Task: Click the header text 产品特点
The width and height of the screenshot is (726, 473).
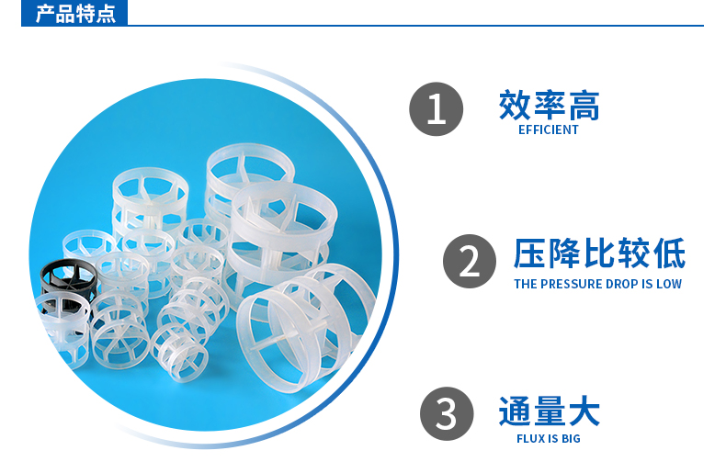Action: (x=75, y=14)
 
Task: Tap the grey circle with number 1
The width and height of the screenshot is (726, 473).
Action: (x=436, y=109)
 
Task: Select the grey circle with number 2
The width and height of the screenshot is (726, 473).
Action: (x=469, y=262)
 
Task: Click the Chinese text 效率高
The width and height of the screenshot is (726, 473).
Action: (x=549, y=106)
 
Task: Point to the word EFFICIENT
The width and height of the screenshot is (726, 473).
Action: (x=549, y=130)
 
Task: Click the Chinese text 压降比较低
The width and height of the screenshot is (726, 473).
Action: (x=598, y=254)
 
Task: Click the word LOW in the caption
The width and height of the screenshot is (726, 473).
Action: (x=668, y=284)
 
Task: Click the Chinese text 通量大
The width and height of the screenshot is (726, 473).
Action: (x=549, y=411)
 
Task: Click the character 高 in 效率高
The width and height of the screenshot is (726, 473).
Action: (x=584, y=106)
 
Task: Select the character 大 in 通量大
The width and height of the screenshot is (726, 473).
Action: (x=584, y=411)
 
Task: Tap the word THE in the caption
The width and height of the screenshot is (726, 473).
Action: (x=525, y=284)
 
